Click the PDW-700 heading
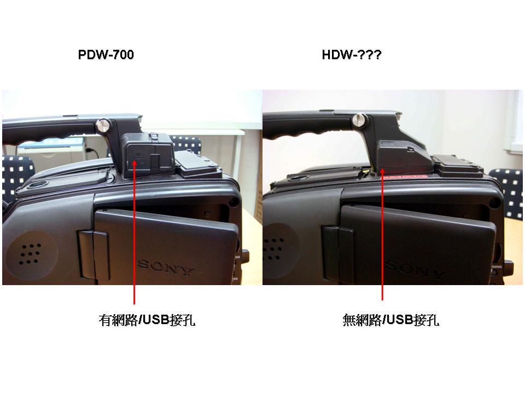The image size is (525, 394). click(x=106, y=55)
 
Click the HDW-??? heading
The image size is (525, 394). click(x=351, y=55)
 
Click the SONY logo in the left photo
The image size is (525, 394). click(x=165, y=267)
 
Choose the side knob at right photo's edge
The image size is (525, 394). click(x=507, y=268)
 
